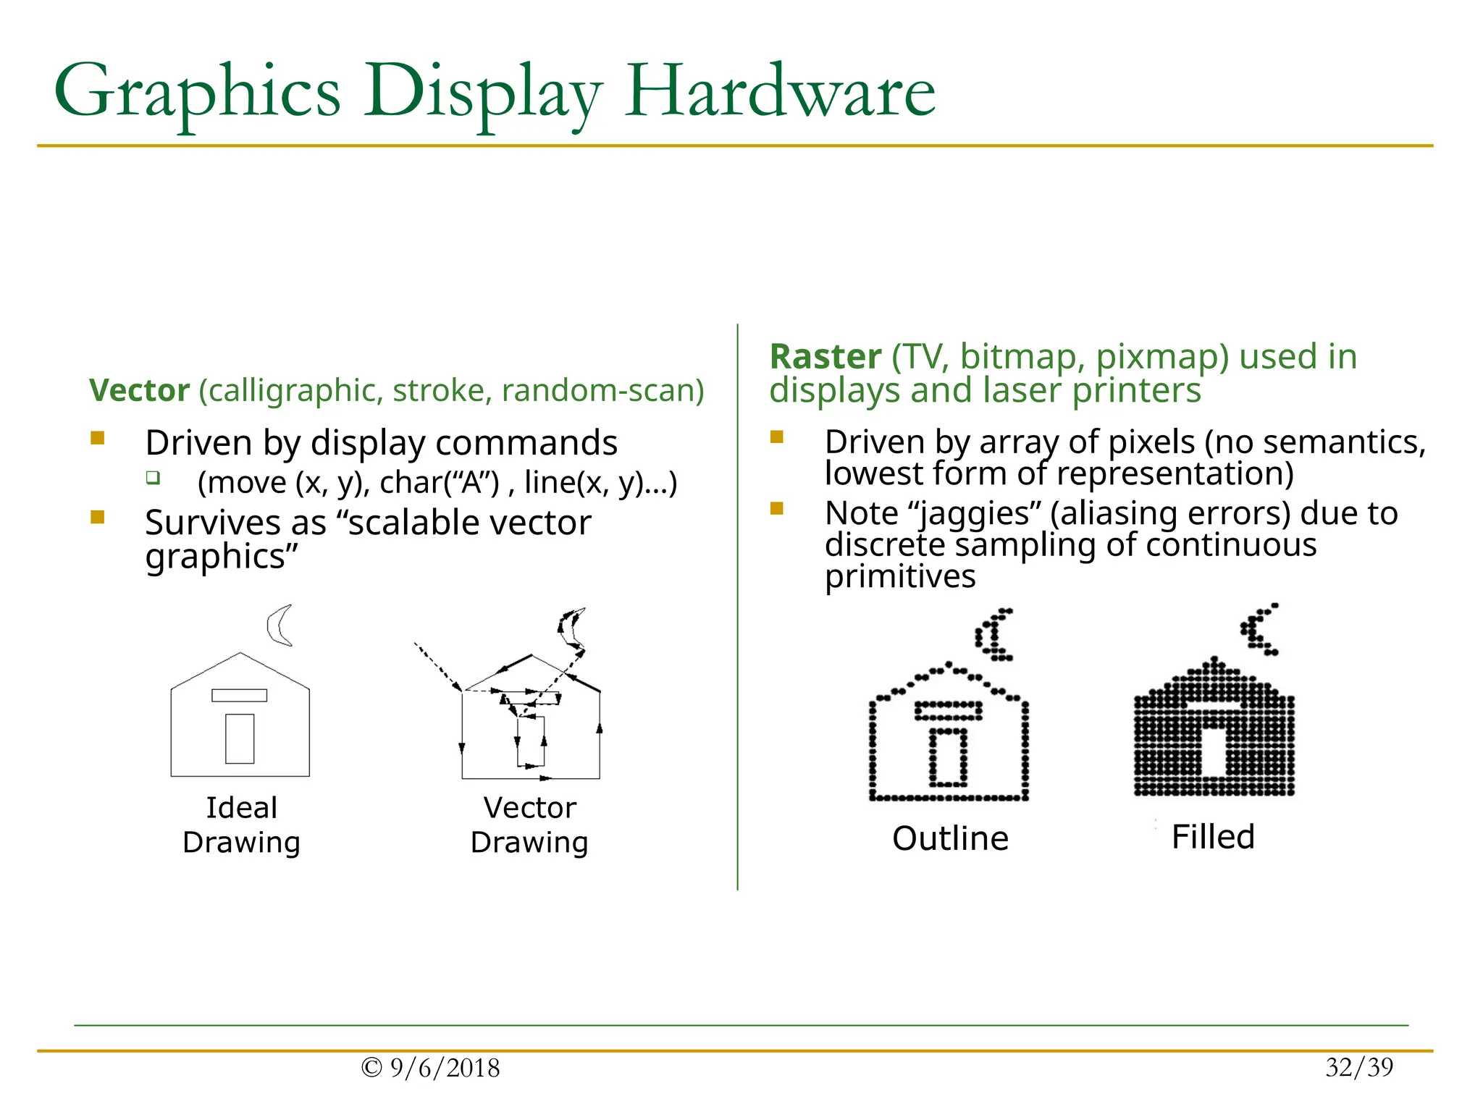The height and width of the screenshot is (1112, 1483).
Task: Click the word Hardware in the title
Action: point(780,93)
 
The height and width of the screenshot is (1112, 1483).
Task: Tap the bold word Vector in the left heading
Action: point(139,391)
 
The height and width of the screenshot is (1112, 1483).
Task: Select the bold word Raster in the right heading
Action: point(825,357)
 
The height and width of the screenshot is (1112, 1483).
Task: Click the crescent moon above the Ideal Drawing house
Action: point(278,625)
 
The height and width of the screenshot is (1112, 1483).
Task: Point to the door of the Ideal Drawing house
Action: point(240,738)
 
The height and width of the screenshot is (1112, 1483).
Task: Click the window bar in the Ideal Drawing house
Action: point(239,696)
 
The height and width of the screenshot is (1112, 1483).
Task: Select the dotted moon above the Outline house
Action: point(994,635)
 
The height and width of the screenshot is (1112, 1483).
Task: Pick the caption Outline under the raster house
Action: point(950,838)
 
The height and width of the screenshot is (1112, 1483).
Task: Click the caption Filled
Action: point(1213,837)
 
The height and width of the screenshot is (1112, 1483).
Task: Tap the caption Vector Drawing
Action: point(529,825)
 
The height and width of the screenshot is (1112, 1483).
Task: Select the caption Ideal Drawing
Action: point(241,825)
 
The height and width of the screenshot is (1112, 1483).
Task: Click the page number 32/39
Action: point(1359,1067)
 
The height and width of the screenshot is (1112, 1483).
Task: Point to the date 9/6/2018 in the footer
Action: point(444,1068)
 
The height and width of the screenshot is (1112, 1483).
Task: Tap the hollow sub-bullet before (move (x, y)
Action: point(153,478)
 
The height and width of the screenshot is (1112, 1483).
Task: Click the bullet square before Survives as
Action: point(98,517)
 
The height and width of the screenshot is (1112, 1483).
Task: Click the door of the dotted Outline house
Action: point(948,757)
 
